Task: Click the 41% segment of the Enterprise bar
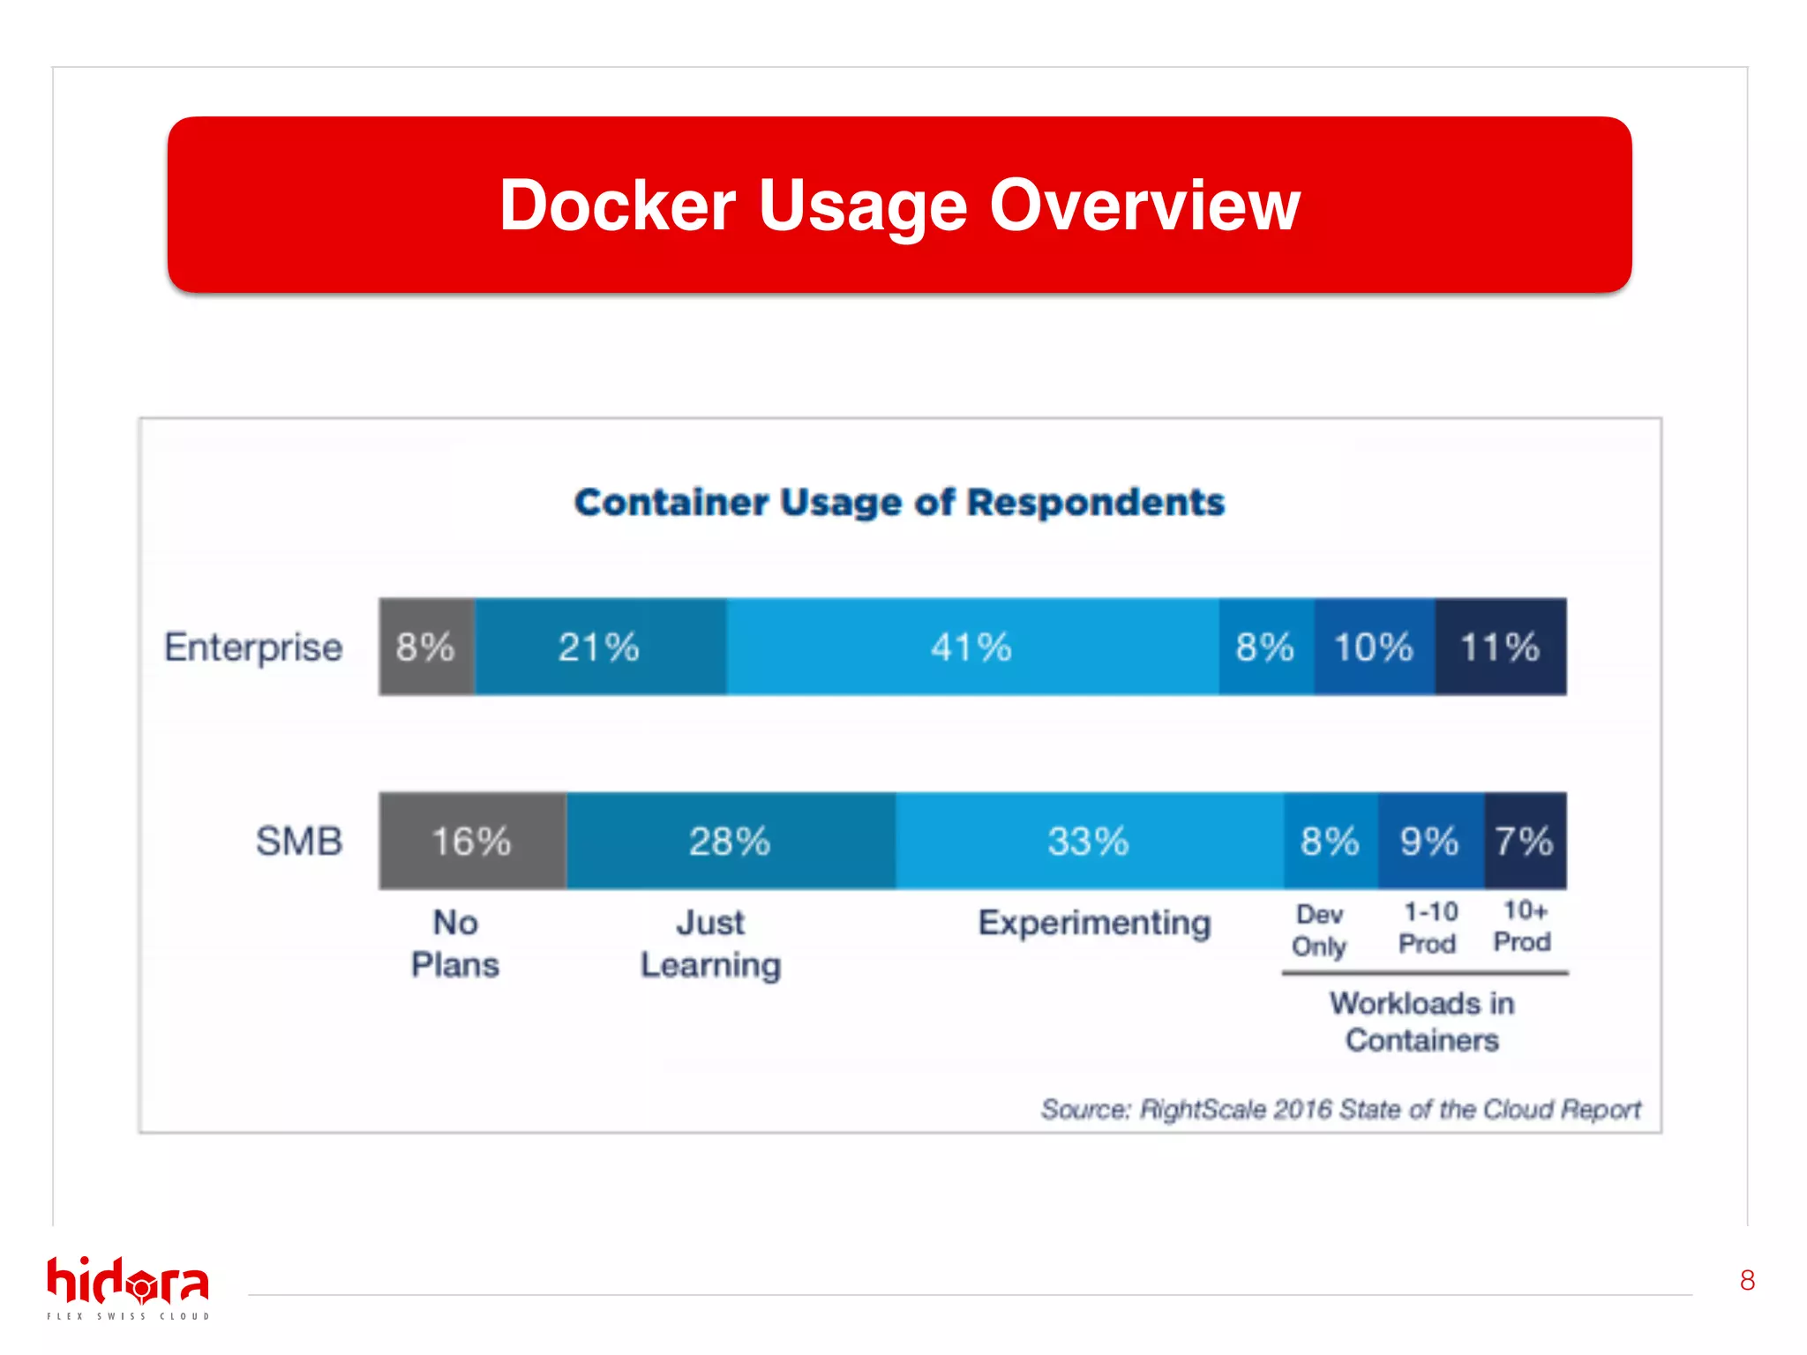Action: coord(971,647)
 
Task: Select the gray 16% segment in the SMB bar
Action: coord(472,841)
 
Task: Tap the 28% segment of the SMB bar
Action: coord(731,841)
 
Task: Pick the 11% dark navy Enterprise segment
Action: coord(1500,647)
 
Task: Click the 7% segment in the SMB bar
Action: coord(1525,841)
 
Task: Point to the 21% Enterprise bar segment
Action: coord(600,647)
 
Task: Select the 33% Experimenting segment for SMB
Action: coord(1089,841)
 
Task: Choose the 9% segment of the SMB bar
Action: coord(1430,841)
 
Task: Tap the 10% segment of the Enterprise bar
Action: coord(1374,647)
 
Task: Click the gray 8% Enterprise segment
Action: coord(426,647)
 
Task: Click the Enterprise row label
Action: coord(253,648)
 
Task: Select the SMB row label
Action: coord(299,841)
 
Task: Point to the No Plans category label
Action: coord(455,943)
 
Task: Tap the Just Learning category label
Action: coord(711,943)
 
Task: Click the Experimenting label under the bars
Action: coord(1094,923)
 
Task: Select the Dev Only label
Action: coord(1319,930)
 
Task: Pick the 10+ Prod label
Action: coord(1523,925)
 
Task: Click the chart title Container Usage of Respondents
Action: coord(899,502)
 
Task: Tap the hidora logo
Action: coord(128,1287)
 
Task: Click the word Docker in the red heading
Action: coord(617,206)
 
